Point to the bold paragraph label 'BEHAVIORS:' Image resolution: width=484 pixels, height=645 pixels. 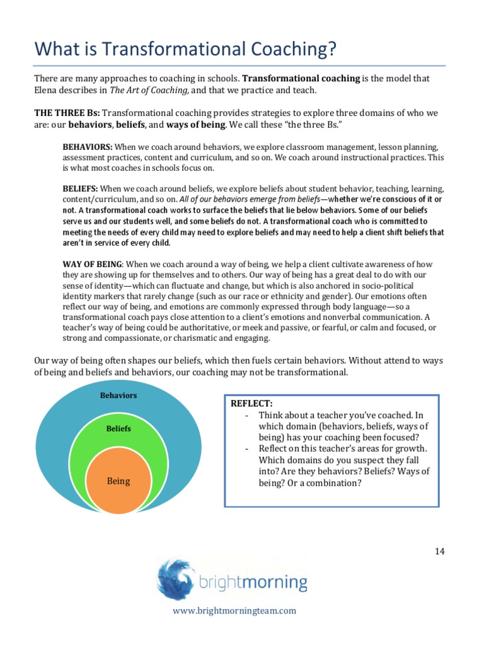87,146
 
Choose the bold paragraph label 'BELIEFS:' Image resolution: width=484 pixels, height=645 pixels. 80,188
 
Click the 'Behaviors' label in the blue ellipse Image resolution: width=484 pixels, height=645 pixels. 119,396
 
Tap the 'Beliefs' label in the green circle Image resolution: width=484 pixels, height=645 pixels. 118,428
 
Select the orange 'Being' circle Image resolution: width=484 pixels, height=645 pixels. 118,481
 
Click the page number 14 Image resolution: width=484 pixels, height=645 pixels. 439,551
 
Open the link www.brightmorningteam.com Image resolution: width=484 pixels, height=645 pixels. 235,610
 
